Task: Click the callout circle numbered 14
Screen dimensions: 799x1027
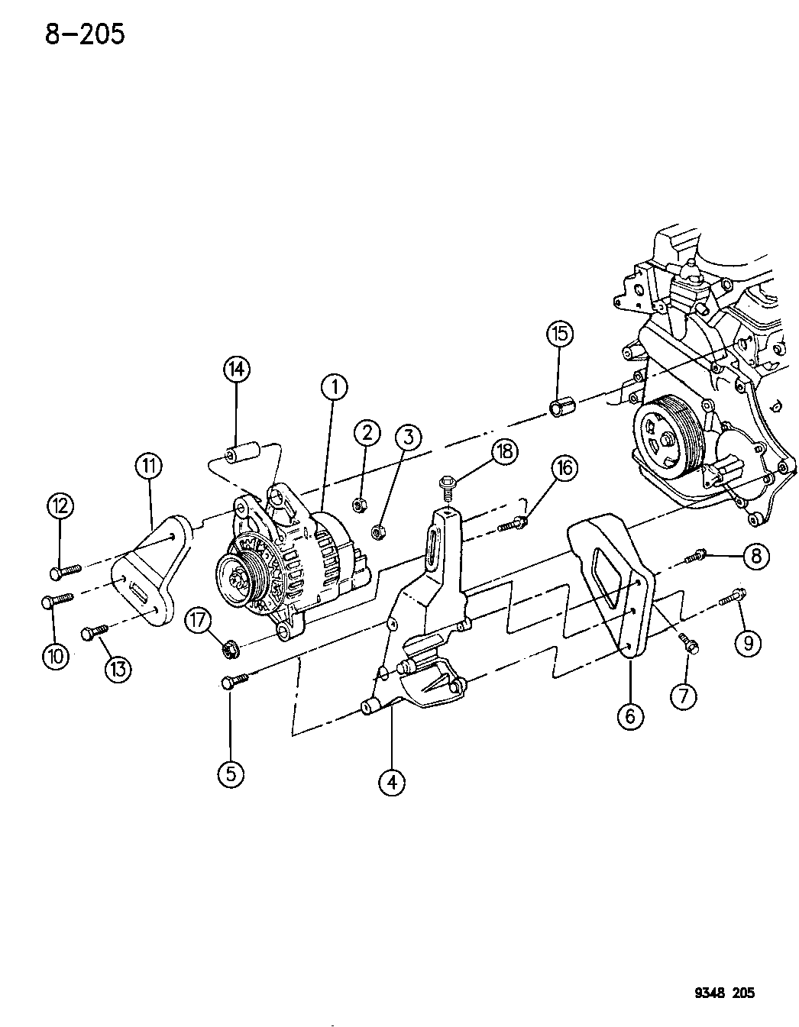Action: coord(236,369)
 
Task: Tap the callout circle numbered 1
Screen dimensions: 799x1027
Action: coord(335,387)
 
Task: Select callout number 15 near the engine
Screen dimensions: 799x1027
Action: coord(560,334)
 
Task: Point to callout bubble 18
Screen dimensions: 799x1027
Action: coord(505,451)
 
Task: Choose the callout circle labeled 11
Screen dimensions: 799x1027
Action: coord(150,467)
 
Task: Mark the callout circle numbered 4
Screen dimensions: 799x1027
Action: coord(392,783)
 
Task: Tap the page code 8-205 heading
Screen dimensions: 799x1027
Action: coord(85,34)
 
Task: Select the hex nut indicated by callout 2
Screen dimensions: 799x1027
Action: coord(358,505)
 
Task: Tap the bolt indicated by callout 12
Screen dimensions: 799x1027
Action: coord(65,571)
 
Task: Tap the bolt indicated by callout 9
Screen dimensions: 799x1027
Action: coord(733,596)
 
